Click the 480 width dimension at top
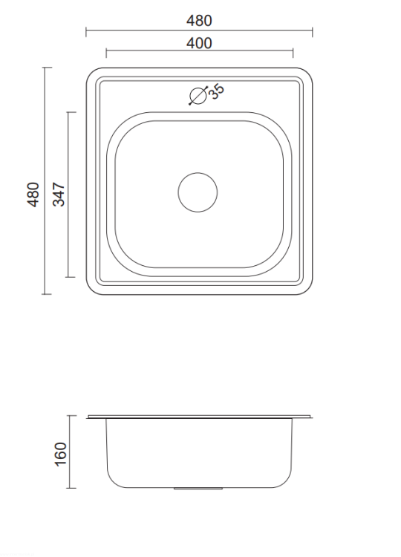(199, 21)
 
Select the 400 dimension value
(199, 43)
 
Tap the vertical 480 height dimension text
(33, 194)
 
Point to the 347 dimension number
(59, 194)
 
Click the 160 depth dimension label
(60, 452)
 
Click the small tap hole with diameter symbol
(198, 97)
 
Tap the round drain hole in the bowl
(198, 192)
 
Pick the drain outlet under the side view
(198, 489)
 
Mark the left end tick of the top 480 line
(86, 32)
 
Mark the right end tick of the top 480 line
(312, 32)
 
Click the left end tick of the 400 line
(106, 53)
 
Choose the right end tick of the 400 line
(293, 53)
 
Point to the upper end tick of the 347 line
(71, 112)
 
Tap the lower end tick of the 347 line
(71, 277)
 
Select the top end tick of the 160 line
(71, 416)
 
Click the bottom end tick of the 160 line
(71, 488)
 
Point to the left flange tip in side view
(88, 417)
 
